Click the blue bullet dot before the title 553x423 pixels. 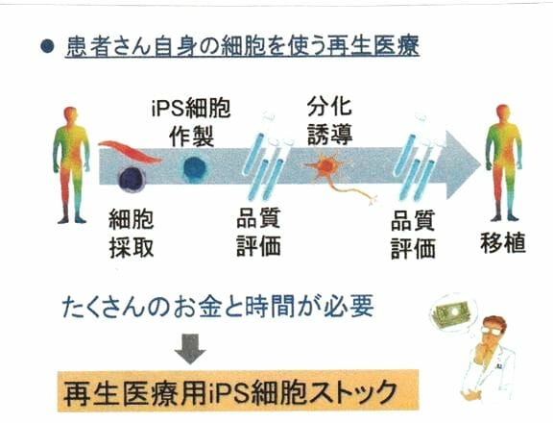tap(47, 46)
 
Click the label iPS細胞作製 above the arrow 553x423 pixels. tap(191, 122)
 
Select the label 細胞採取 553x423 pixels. tap(132, 233)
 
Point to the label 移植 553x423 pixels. tap(503, 242)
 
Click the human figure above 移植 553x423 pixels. tap(503, 162)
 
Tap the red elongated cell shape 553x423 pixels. tap(130, 153)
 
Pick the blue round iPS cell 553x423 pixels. tap(195, 167)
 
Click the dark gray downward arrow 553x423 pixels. tap(190, 349)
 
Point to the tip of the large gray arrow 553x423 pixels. tap(481, 165)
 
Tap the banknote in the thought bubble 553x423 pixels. tap(453, 311)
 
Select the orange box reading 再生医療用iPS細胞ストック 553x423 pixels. tap(238, 390)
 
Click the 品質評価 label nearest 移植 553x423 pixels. tap(413, 235)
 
